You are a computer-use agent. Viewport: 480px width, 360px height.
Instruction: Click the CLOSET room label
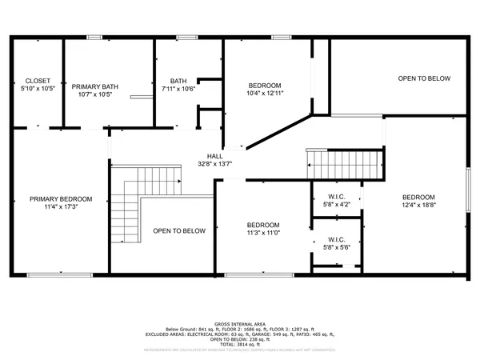38,81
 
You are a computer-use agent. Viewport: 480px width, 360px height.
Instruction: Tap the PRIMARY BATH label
95,86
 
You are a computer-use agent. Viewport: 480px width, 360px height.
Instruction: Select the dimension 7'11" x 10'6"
178,89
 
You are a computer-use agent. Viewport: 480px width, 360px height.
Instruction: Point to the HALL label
215,157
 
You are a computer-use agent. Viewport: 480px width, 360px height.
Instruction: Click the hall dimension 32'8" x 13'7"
215,164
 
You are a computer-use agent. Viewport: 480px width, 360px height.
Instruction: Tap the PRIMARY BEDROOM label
61,198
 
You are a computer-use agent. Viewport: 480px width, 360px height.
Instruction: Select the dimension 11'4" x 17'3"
61,206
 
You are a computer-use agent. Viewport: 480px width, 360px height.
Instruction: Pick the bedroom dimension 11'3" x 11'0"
262,233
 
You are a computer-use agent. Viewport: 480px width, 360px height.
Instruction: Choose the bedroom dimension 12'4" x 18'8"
418,206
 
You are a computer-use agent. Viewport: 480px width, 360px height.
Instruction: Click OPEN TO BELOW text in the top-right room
425,78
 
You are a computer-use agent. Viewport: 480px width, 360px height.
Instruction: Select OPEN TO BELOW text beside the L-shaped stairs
179,231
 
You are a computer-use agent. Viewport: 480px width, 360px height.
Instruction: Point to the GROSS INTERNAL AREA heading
240,325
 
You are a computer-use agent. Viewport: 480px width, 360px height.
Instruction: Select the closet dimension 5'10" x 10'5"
38,89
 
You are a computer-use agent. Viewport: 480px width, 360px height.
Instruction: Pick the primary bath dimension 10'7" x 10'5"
95,94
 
